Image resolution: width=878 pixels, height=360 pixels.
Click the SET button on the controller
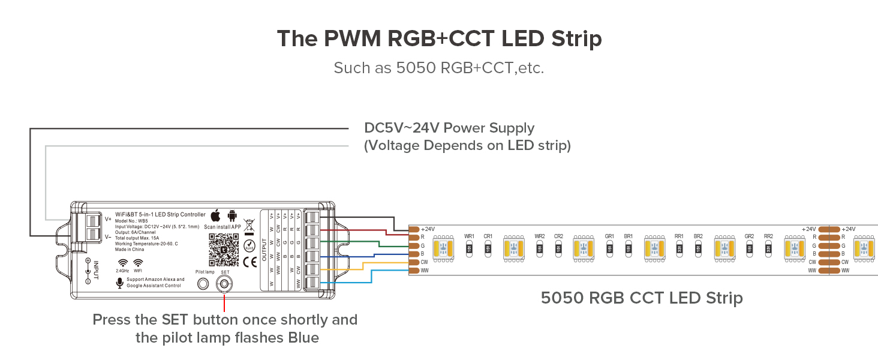225,286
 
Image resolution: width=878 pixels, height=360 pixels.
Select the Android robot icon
231,215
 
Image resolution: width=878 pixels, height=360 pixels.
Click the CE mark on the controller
249,262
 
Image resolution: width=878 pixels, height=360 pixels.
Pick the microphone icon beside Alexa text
119,282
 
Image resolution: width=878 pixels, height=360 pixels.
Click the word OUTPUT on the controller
264,249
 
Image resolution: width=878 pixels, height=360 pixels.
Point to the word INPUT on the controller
95,269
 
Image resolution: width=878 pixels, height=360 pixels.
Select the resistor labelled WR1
470,248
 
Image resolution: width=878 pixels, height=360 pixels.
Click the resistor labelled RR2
768,248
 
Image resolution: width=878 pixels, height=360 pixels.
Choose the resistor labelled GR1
609,248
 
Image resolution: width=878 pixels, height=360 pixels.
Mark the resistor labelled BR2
698,248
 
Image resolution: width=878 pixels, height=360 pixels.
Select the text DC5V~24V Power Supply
449,128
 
